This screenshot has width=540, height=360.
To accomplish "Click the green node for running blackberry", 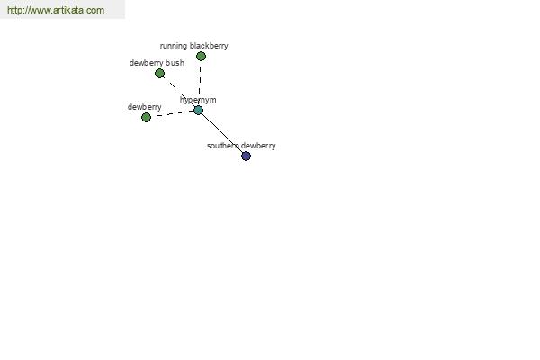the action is point(201,56).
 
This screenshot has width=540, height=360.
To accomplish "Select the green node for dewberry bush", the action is point(159,74).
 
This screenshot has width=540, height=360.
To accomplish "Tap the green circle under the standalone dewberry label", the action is point(146,118).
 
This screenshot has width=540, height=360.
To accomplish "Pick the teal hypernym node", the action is point(198,110).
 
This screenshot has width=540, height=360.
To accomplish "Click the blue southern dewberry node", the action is point(246,156).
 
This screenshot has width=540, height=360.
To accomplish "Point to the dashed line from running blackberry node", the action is point(200,83).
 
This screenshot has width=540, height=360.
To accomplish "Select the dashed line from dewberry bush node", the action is point(179,92).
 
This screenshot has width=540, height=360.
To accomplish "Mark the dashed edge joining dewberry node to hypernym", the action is point(172,114).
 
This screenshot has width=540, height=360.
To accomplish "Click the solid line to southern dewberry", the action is point(222,133).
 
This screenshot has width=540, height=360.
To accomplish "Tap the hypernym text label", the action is point(198,100).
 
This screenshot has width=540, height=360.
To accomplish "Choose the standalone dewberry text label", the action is point(144,107).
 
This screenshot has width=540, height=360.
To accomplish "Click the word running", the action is point(174,46).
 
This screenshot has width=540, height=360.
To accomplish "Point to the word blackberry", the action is point(209,46).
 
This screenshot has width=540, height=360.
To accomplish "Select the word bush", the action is point(175,63).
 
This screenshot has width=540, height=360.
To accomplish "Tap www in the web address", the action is point(39,10).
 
